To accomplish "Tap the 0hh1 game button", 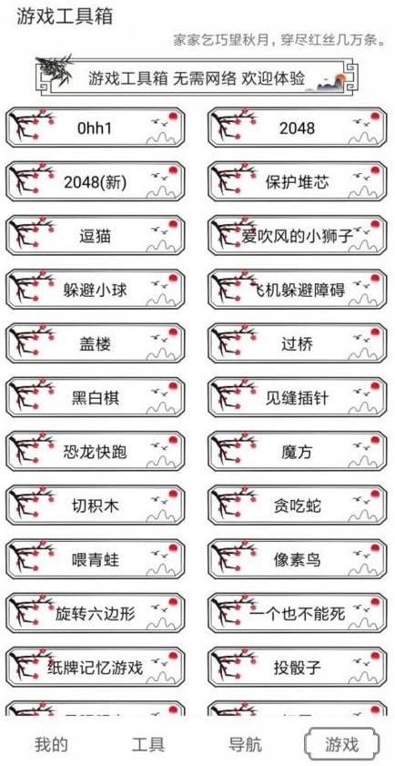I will pos(96,128).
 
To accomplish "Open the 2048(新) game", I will pos(96,182).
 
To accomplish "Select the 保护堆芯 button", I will pos(298,182).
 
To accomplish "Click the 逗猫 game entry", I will pos(96,236).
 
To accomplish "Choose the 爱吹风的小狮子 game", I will pos(298,236).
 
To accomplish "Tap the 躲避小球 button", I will pos(96,291).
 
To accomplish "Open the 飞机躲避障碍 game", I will pos(298,291).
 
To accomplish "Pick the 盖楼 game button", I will pos(96,344).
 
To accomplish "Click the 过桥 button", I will pos(298,344).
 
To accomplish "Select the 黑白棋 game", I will pos(96,398).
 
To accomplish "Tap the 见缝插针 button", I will pos(298,398).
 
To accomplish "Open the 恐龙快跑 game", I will pos(96,452).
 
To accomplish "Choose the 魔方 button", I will pos(298,452).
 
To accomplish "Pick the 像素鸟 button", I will pos(298,559).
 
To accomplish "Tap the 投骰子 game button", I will pos(298,667).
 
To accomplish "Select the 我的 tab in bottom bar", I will pos(51,744).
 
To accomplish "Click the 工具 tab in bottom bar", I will pos(148,744).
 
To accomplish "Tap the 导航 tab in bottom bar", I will pos(246,744).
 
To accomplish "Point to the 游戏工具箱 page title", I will pos(58,17).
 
